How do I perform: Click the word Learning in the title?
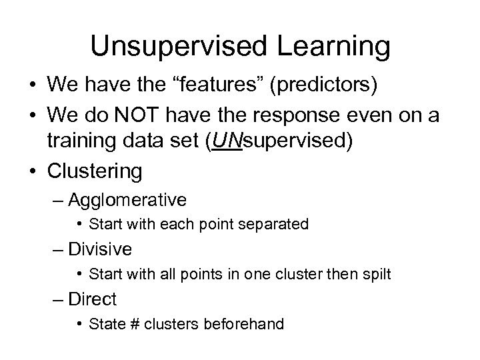pyautogui.click(x=335, y=47)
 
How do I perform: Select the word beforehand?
pyautogui.click(x=248, y=324)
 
